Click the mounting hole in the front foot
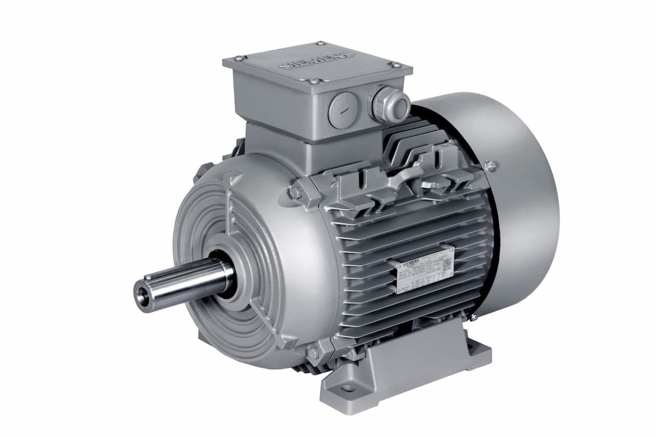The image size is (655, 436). (x=348, y=388)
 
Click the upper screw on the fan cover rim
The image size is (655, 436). (x=489, y=165)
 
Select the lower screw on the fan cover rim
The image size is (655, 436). (x=472, y=316)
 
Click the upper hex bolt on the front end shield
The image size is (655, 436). (x=295, y=192)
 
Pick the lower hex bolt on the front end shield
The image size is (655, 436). (x=314, y=352)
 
